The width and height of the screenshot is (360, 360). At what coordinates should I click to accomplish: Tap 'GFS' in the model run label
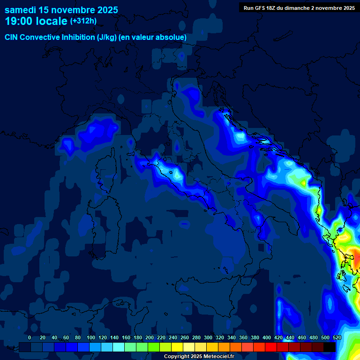tap(262, 8)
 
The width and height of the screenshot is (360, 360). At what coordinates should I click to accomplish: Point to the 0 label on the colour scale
tap(30, 337)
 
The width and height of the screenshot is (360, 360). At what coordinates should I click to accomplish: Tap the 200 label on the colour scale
tap(149, 337)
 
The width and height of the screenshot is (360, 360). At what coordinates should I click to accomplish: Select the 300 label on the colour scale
tap(208, 337)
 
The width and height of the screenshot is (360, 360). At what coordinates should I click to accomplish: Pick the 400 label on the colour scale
tap(267, 337)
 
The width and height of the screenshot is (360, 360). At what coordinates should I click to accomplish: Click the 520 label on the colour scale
tap(337, 337)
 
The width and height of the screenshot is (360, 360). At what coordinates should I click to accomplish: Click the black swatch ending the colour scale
tap(330, 347)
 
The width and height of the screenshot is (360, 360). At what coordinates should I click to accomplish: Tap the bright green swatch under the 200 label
tap(154, 347)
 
